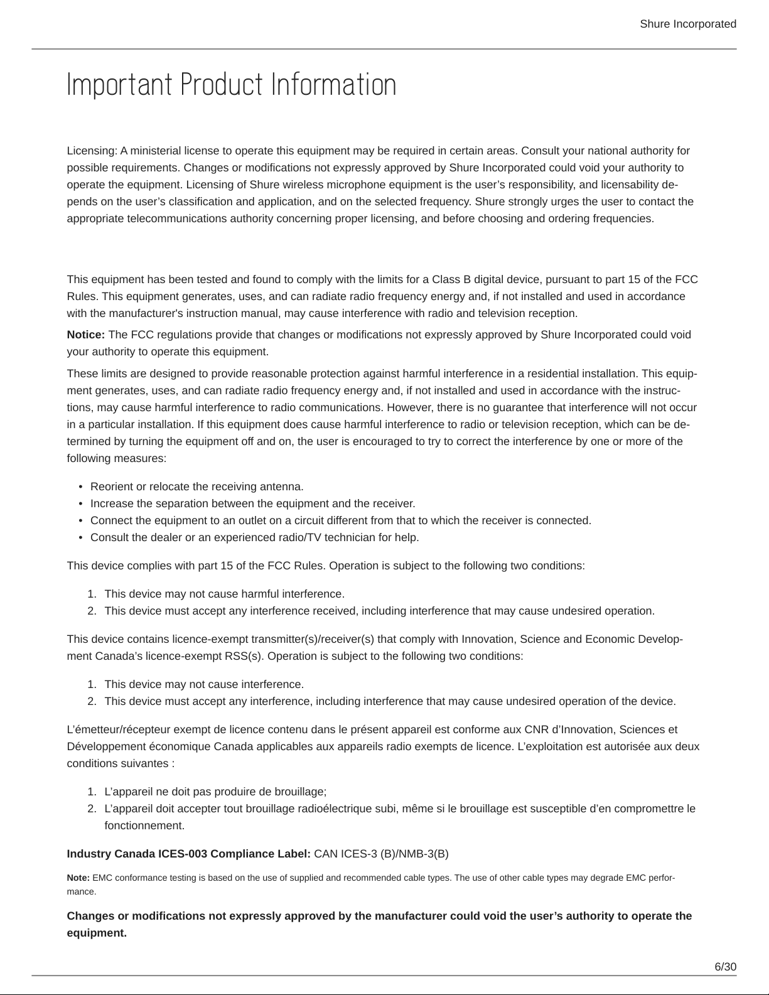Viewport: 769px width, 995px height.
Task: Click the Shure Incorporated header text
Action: pyautogui.click(x=687, y=24)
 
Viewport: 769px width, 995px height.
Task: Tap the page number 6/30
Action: pyautogui.click(x=725, y=966)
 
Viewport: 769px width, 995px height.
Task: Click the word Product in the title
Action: pyautogui.click(x=222, y=85)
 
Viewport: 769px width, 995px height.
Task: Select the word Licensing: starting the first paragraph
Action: pyautogui.click(x=92, y=151)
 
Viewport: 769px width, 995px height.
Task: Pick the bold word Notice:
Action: pyautogui.click(x=86, y=335)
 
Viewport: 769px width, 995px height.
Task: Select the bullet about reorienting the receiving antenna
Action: pyautogui.click(x=196, y=487)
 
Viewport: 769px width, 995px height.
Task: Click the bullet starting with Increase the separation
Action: pyautogui.click(x=252, y=503)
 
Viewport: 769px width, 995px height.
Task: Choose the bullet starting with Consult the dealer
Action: pyautogui.click(x=254, y=537)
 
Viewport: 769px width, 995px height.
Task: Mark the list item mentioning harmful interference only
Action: pyautogui.click(x=224, y=594)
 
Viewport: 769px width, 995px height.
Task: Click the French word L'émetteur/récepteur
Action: pyautogui.click(x=119, y=729)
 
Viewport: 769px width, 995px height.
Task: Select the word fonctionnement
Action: pyautogui.click(x=144, y=826)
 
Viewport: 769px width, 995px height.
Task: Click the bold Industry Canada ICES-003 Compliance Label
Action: pyautogui.click(x=188, y=854)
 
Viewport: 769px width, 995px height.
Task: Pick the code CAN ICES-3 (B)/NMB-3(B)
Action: pyautogui.click(x=381, y=854)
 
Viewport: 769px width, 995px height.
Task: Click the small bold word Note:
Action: pyautogui.click(x=78, y=878)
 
